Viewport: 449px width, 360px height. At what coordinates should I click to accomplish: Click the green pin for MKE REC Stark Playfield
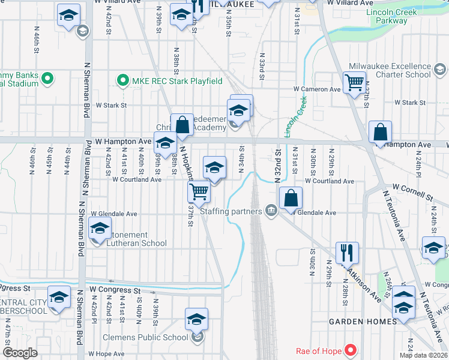[123, 80]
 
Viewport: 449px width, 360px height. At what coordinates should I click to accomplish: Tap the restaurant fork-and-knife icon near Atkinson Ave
[348, 253]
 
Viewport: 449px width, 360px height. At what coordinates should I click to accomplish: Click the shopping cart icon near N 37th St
[199, 192]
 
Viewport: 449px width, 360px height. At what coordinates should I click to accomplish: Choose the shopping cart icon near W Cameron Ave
[354, 83]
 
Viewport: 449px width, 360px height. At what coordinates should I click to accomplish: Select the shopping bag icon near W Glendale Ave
[291, 198]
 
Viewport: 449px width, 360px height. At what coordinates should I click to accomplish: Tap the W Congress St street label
[110, 289]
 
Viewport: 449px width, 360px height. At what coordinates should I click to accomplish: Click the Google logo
[20, 353]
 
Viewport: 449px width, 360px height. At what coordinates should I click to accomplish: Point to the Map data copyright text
[423, 356]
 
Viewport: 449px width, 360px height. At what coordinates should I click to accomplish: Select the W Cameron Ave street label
[317, 89]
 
